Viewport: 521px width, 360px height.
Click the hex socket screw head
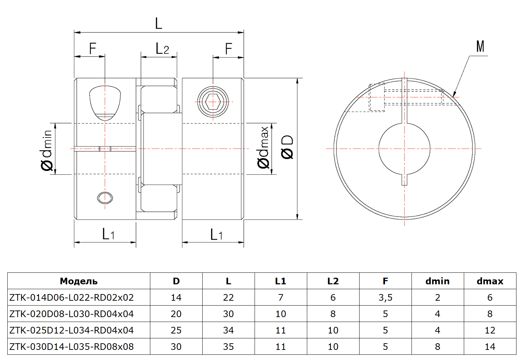pos(213,102)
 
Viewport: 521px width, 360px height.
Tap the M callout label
pos(480,46)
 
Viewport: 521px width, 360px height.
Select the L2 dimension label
pos(162,48)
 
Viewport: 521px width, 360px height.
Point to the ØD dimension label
pos(287,147)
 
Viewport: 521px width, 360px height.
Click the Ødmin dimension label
pos(46,150)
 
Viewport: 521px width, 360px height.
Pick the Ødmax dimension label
pos(263,147)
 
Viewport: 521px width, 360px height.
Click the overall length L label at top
pos(159,23)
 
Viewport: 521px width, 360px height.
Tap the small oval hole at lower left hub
pos(105,198)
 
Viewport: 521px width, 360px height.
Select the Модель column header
pos(78,282)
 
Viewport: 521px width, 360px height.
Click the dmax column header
pos(490,281)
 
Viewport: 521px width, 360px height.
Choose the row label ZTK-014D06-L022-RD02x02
pos(71,298)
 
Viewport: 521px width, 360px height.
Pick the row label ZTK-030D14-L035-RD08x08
pos(71,347)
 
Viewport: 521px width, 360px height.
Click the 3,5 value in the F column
pos(385,298)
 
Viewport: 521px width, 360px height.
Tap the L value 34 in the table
pos(228,330)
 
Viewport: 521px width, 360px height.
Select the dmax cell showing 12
pos(490,330)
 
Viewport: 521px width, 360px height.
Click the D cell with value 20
pos(176,314)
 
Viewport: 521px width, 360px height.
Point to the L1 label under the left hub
pos(108,234)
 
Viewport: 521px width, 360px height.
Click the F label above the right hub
pos(228,49)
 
